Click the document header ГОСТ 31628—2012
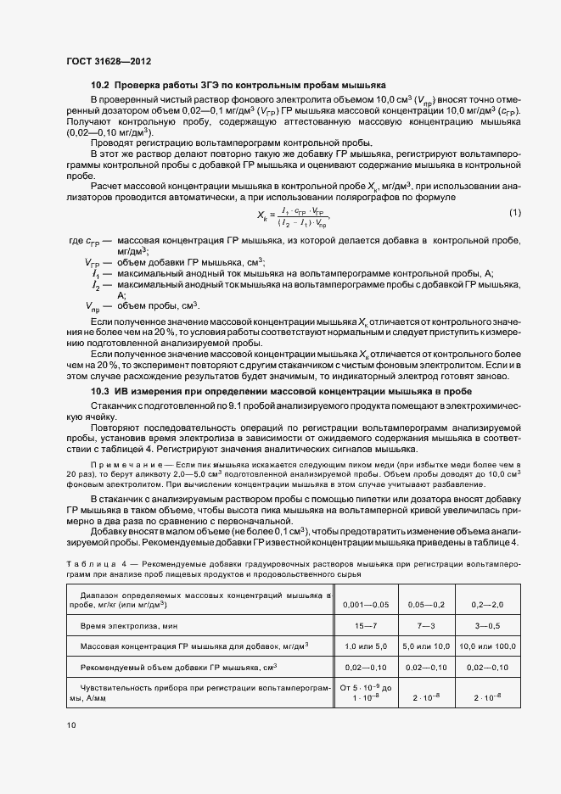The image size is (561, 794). [109, 61]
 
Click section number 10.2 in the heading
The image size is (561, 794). [100, 86]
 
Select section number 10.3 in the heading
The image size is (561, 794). [100, 391]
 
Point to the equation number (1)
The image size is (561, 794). [514, 211]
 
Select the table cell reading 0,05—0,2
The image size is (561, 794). [426, 604]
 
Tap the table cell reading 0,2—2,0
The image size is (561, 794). [488, 604]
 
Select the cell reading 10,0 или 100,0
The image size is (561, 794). [488, 646]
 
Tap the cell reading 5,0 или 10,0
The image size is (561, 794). [426, 646]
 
